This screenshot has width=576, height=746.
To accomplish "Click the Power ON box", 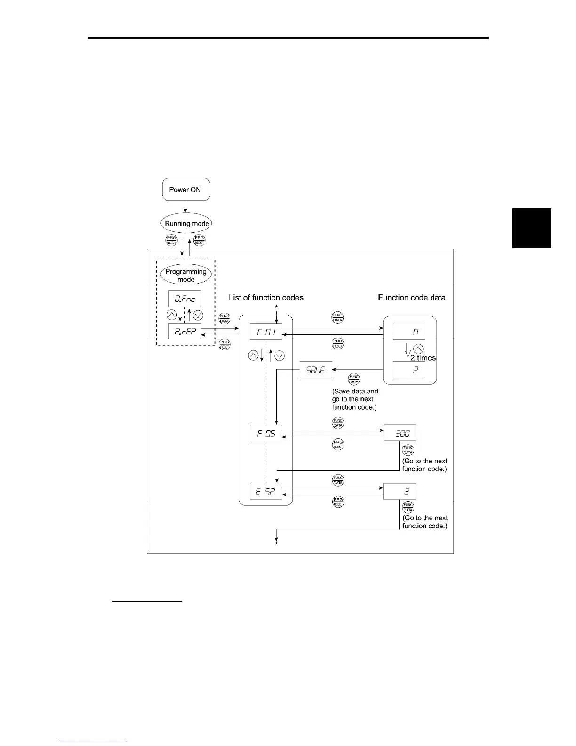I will point(185,190).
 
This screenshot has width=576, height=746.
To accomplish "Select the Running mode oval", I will point(187,224).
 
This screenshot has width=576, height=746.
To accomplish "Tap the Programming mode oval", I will point(186,276).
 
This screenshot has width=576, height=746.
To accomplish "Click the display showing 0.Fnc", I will point(185,299).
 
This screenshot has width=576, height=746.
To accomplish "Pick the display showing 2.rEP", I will point(185,332).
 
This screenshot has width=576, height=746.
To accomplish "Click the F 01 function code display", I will point(266,332).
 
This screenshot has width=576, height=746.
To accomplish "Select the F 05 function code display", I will point(266,433).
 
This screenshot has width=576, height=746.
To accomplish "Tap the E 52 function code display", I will point(266,492).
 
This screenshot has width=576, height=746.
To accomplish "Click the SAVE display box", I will point(316,370).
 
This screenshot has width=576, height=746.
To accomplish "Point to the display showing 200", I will point(400,433).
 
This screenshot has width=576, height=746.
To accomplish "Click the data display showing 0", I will point(409,332).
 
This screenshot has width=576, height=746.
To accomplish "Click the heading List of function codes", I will point(266,297).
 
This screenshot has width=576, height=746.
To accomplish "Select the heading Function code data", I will point(412,297).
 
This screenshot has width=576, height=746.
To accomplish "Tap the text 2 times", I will point(423,358).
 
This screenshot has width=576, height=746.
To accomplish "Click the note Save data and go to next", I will point(355,399).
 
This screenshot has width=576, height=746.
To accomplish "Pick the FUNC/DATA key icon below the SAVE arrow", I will point(354,378).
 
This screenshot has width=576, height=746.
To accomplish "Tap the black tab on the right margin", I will point(531,228).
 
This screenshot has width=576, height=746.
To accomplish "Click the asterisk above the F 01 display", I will point(277,307).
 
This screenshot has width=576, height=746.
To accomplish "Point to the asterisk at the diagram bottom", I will point(277,544).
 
